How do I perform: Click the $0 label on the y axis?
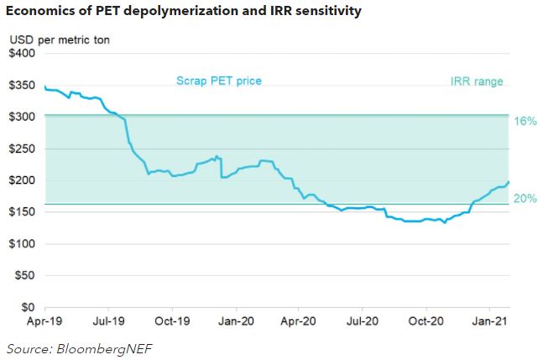click(x=29, y=308)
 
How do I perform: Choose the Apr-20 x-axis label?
click(x=299, y=321)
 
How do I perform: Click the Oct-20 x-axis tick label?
click(x=426, y=321)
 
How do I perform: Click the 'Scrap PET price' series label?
click(x=218, y=81)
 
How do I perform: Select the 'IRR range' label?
click(x=477, y=81)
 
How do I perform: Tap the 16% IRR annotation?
click(x=525, y=122)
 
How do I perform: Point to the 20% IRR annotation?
click(x=525, y=199)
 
